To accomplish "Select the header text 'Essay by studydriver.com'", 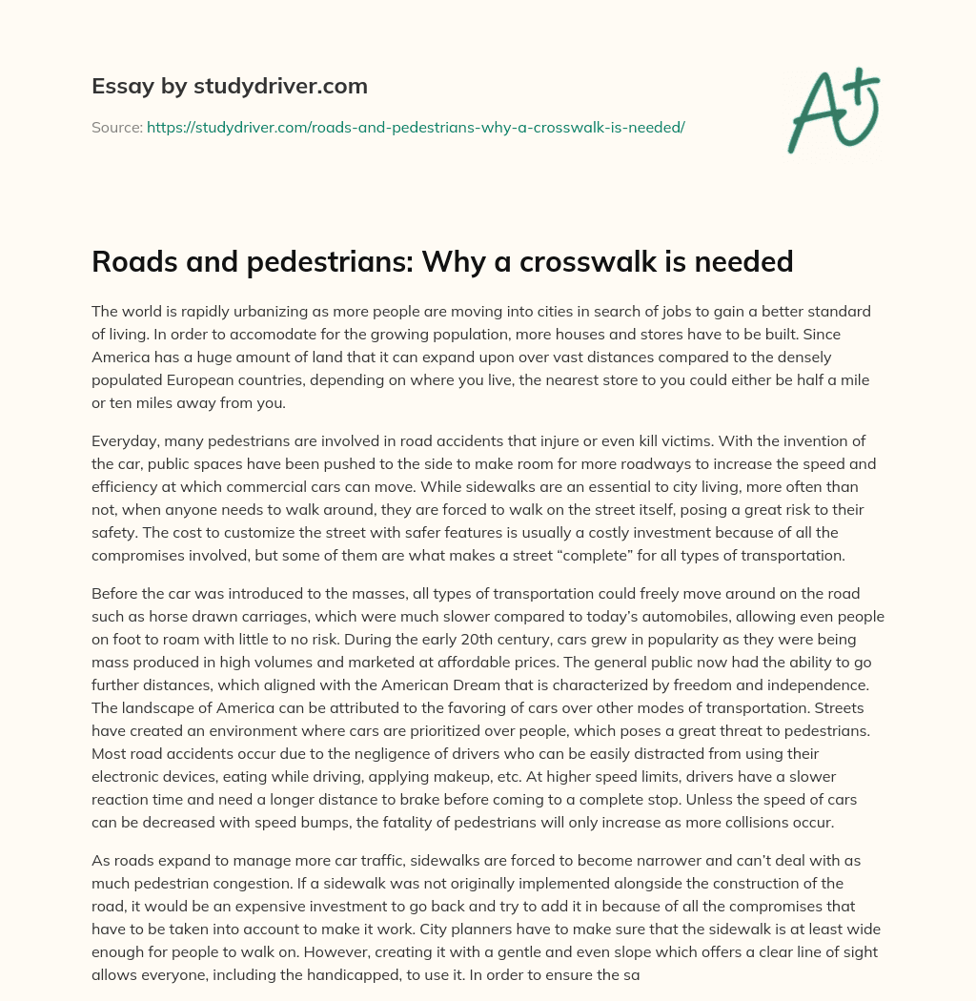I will click(x=230, y=86).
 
